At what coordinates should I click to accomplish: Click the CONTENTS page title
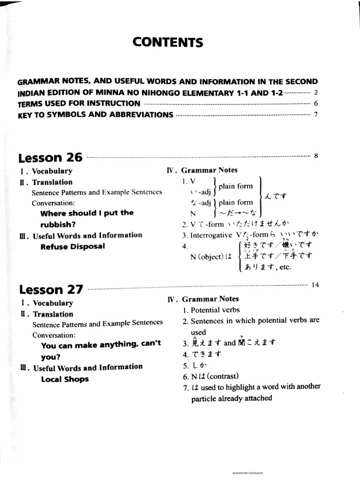168,43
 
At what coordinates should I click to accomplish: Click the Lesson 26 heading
50,157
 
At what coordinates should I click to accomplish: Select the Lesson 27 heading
51,289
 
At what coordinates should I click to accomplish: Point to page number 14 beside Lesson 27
315,285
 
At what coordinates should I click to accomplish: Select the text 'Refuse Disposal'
73,247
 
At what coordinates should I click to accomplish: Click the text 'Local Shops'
65,379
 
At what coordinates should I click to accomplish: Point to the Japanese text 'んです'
277,195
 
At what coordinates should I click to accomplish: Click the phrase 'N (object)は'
211,257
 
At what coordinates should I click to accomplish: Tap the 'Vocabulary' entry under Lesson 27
52,303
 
